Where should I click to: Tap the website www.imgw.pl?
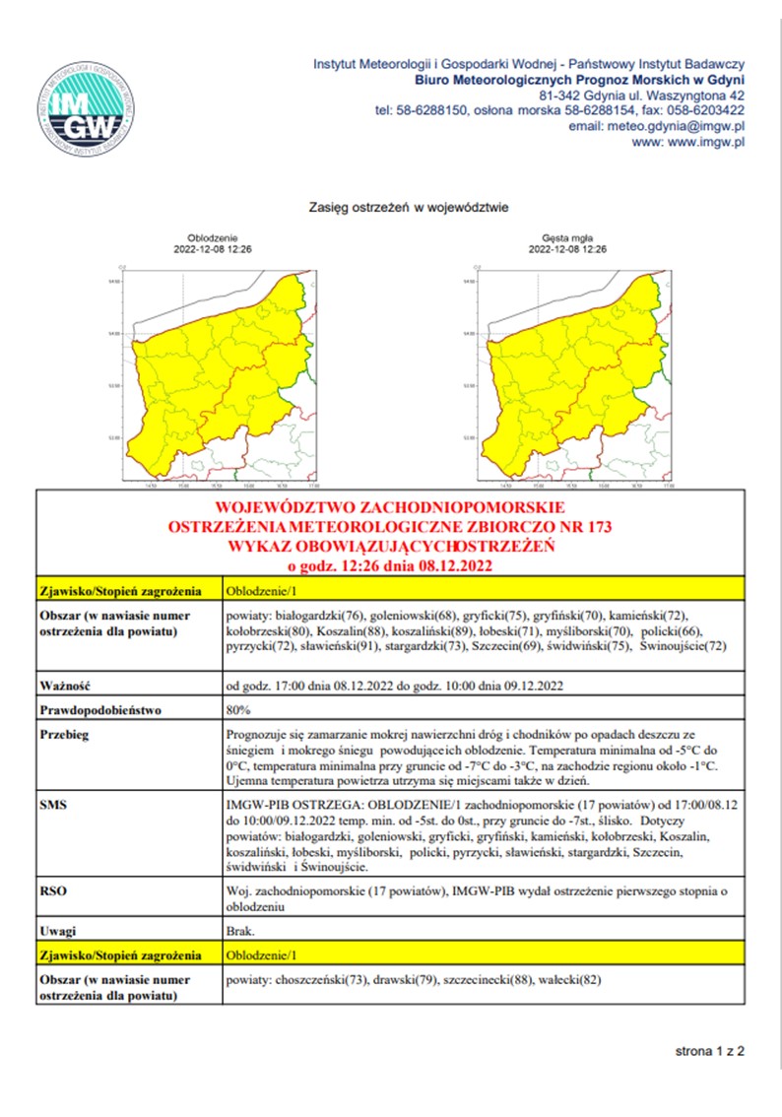click(701, 142)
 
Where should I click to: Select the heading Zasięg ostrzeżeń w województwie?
click(409, 208)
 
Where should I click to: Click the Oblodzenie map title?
click(213, 238)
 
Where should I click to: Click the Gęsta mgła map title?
click(567, 238)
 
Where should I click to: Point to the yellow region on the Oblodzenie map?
click(197, 384)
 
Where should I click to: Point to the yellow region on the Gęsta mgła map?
click(552, 384)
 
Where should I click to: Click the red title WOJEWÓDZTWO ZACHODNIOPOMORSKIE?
click(389, 509)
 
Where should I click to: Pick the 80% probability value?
click(238, 708)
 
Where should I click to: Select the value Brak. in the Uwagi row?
click(240, 929)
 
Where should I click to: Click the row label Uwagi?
click(58, 929)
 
